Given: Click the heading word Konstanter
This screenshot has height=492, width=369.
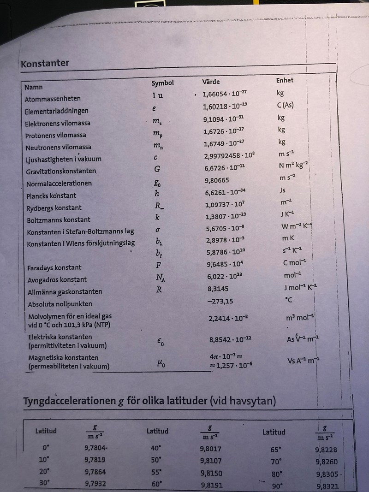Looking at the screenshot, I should coord(45,64).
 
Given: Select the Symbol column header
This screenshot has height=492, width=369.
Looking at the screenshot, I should coord(162,83).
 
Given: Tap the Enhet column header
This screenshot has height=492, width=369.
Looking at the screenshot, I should coord(285,80).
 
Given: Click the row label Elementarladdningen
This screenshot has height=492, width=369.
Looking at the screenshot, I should coord(57,111).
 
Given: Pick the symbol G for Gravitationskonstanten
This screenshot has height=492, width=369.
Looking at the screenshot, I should coord(157,169).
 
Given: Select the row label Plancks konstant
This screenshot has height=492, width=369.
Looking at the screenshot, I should coord(51,196).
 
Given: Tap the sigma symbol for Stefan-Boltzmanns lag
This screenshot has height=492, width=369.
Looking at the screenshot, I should coord(157,230).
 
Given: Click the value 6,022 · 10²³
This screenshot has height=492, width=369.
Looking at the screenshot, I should coord(225,277).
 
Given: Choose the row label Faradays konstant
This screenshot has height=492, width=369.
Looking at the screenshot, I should coord(54,267).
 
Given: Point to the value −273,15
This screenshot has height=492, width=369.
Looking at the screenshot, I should coord(219,301).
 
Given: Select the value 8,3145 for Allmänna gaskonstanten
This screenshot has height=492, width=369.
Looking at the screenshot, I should coord(218,289).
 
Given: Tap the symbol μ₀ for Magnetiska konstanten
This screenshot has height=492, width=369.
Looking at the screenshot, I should coord(161,364).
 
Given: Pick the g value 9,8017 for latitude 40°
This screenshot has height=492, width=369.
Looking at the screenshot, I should coord(211,448).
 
